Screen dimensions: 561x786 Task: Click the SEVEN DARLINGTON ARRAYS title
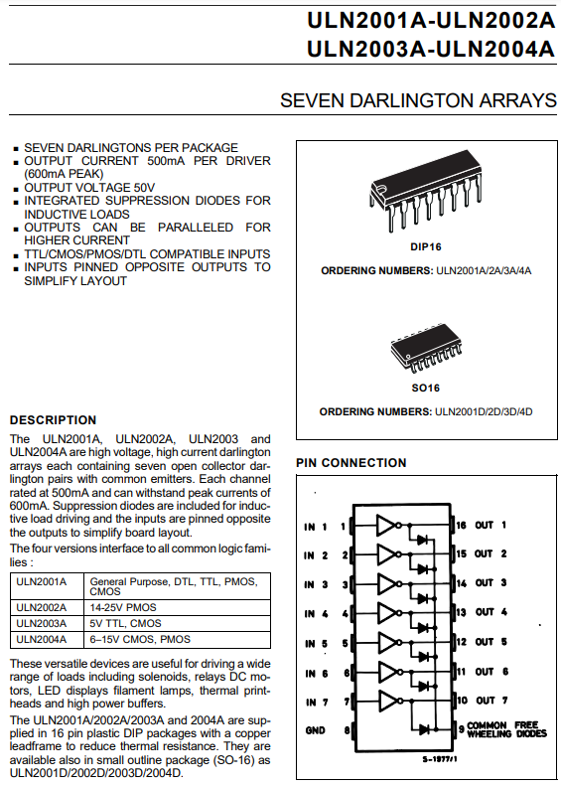click(418, 100)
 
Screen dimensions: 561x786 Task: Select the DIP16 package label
click(426, 247)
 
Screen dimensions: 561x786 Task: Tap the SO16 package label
click(425, 388)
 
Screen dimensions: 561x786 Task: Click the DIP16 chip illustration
click(425, 191)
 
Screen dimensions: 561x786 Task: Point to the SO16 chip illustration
click(426, 349)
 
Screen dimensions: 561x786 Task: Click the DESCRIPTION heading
click(53, 420)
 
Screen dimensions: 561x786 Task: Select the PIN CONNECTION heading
click(351, 463)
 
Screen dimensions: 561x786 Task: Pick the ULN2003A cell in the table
click(41, 624)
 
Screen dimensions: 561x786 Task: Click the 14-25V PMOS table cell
click(123, 607)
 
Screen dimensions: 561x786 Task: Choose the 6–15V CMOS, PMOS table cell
click(140, 640)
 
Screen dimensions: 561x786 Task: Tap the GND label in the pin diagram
click(315, 730)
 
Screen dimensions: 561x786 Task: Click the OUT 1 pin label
click(491, 525)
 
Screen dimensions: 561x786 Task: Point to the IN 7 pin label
click(317, 703)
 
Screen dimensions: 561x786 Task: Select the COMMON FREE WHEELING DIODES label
click(506, 729)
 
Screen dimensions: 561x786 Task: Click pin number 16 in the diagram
click(461, 525)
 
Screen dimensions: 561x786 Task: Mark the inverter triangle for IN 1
click(386, 526)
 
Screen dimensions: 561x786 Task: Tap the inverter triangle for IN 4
click(386, 612)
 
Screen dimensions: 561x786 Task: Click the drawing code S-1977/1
click(440, 759)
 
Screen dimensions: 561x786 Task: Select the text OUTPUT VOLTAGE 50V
click(89, 188)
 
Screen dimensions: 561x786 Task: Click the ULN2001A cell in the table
click(41, 582)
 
